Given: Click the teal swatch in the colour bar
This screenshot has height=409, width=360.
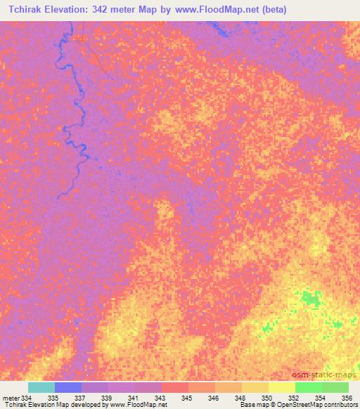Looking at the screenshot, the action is (x=41, y=387).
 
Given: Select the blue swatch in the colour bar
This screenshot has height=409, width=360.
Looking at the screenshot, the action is (x=67, y=387).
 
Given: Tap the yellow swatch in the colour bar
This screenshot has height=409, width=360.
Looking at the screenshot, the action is (x=281, y=387).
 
